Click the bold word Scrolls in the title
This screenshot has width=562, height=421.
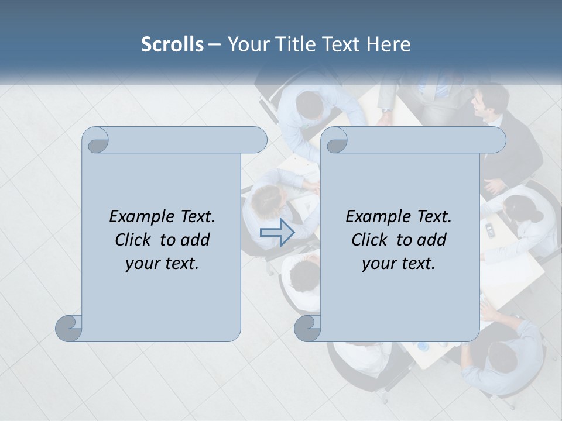pos(172,44)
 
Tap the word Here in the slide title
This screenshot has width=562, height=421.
pos(388,44)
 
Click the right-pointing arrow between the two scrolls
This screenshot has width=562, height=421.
pos(277,233)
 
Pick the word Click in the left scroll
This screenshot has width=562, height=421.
pos(135,240)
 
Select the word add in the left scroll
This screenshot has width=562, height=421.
pos(195,240)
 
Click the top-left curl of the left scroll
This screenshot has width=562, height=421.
pos(97,140)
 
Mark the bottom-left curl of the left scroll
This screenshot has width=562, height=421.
pos(69,328)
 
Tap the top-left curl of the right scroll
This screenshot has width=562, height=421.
pos(335,140)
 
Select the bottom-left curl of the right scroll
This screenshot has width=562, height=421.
pos(308,328)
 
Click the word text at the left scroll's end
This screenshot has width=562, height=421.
pos(181,263)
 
